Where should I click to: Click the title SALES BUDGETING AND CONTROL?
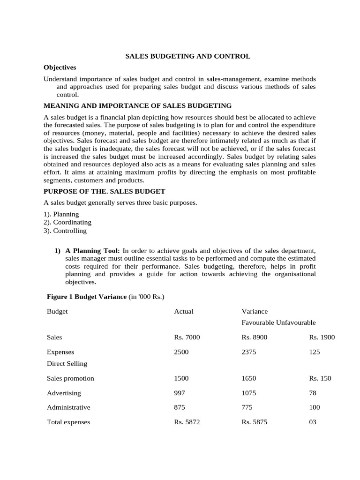[x=187, y=56]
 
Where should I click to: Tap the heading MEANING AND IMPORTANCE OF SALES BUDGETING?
[x=137, y=105]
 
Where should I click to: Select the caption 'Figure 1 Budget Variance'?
[x=87, y=297]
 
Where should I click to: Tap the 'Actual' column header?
[x=184, y=311]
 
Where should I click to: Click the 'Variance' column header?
[x=255, y=311]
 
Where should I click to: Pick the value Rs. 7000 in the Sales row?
[x=187, y=337]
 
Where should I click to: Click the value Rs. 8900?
[x=255, y=337]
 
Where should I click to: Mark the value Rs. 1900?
[x=322, y=337]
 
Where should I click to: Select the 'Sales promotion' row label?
[x=70, y=378]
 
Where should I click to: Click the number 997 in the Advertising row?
[x=180, y=393]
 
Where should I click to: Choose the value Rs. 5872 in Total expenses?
[x=187, y=422]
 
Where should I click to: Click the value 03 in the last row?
[x=313, y=422]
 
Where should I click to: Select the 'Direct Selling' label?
[x=67, y=363]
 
